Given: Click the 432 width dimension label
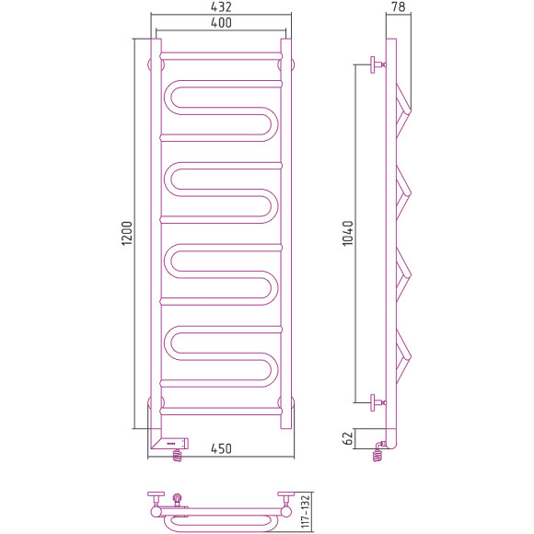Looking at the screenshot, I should (x=219, y=7).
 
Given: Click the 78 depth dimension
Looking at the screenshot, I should (x=398, y=7).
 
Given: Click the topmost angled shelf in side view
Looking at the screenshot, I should (x=403, y=101).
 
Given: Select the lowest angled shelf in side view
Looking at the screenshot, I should (x=403, y=354).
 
